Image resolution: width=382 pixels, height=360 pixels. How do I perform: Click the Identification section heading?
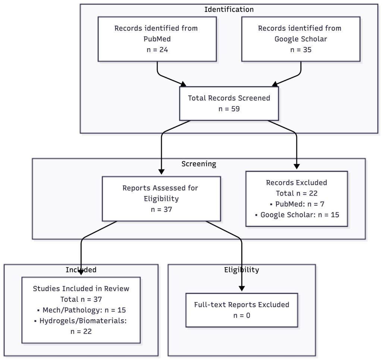point(229,9)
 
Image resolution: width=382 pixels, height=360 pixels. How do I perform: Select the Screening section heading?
point(199,164)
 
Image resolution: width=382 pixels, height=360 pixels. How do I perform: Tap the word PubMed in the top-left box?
point(157,39)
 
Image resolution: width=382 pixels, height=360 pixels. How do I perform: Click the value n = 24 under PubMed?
point(157,50)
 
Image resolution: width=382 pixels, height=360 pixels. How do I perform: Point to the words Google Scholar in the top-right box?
point(301,39)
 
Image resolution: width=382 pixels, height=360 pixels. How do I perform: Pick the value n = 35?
point(301,50)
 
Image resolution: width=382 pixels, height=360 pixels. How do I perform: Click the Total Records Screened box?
point(229,103)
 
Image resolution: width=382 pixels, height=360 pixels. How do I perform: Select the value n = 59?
point(229,109)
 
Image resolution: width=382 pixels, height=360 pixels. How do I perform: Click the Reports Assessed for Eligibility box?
point(161,199)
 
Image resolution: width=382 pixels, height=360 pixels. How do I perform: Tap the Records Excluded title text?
point(297,183)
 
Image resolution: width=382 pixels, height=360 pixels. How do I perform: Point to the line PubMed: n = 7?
point(297,204)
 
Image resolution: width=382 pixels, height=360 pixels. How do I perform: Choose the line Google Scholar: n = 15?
point(297,215)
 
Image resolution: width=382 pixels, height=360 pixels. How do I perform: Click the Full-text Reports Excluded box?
point(242,310)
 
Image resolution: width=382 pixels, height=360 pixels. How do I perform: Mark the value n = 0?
point(242,316)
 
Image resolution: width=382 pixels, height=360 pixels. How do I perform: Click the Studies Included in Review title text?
point(81,289)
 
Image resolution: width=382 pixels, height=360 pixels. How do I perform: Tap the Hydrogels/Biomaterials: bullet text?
point(81,321)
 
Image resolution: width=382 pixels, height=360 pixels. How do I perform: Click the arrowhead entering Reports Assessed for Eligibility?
point(161,172)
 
